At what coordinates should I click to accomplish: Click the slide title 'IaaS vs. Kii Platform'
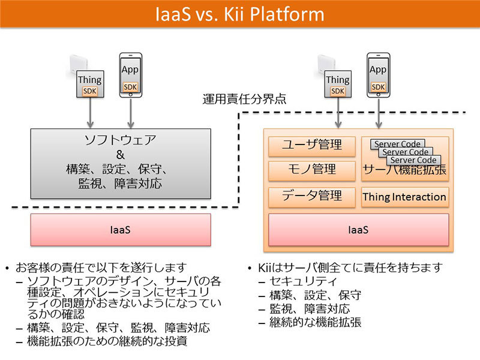point(240,13)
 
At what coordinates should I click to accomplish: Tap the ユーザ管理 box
point(312,145)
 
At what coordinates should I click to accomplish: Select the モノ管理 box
point(312,170)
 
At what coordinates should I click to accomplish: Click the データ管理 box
point(312,196)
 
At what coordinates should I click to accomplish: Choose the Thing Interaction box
point(405,197)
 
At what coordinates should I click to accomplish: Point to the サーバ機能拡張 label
point(405,172)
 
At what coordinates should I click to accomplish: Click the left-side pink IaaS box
point(121,229)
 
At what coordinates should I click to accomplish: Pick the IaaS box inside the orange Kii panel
point(358,229)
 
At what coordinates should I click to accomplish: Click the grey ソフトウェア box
point(121,162)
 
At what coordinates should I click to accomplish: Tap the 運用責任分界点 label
point(244,99)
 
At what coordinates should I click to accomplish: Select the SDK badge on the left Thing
point(90,91)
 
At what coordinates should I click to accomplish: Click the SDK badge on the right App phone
point(378,87)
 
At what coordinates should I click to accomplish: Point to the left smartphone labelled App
point(130,75)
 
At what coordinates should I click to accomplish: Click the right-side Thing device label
point(338,79)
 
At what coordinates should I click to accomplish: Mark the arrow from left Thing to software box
point(90,113)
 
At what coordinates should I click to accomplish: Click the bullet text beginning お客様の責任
point(102,268)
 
